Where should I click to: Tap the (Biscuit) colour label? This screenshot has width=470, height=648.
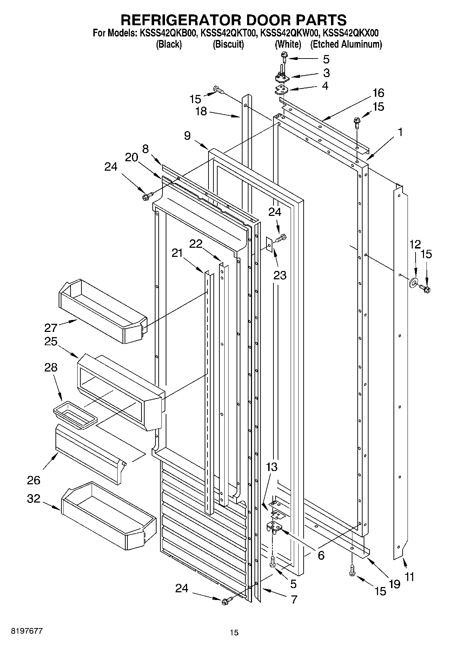[228, 45]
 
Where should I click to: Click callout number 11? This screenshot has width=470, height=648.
[410, 577]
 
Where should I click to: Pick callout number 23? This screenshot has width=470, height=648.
[280, 275]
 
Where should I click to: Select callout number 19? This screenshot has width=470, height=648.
[394, 584]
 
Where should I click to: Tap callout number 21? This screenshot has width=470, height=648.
[177, 252]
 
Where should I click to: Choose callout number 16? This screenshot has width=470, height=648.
[378, 93]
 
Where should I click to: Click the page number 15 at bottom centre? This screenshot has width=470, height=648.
[234, 633]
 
